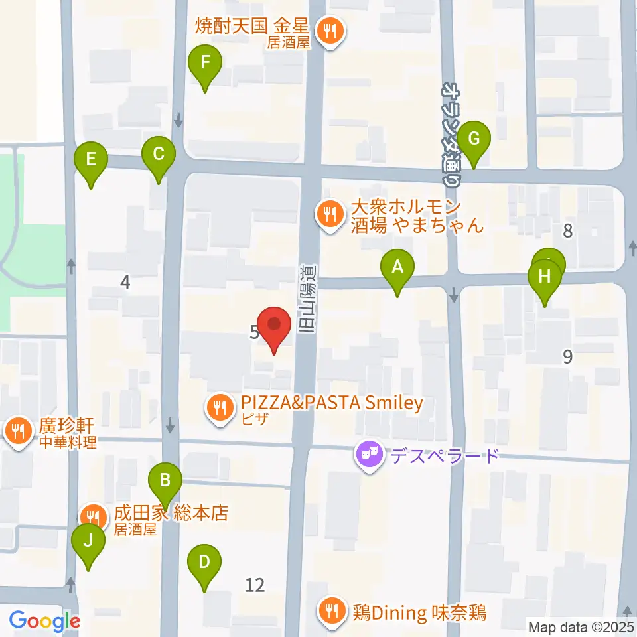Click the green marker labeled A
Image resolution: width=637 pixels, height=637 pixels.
click(397, 268)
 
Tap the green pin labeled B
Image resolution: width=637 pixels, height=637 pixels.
click(165, 479)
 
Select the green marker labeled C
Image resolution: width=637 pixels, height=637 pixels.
click(159, 155)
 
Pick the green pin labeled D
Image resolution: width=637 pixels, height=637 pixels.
click(204, 563)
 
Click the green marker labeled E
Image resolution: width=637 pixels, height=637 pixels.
click(91, 160)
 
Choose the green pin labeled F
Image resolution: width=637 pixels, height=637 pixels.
click(205, 64)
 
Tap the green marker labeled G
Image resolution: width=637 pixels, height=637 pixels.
click(474, 139)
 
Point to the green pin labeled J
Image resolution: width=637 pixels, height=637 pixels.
click(88, 541)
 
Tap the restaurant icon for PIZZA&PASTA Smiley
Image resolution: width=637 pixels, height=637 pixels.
click(219, 407)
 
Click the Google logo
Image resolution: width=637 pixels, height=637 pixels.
click(44, 622)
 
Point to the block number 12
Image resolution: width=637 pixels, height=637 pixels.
click(255, 585)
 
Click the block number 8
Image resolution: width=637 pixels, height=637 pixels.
click(567, 231)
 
